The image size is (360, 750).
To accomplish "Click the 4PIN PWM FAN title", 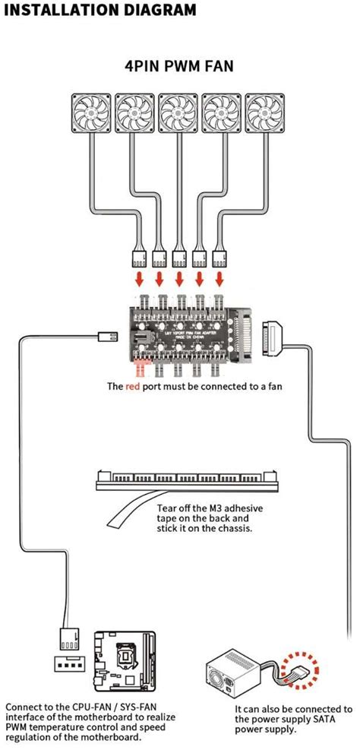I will (x=179, y=66).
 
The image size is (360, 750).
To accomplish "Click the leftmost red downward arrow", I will (x=140, y=280).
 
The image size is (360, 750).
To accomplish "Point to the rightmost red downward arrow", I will (x=220, y=280).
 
